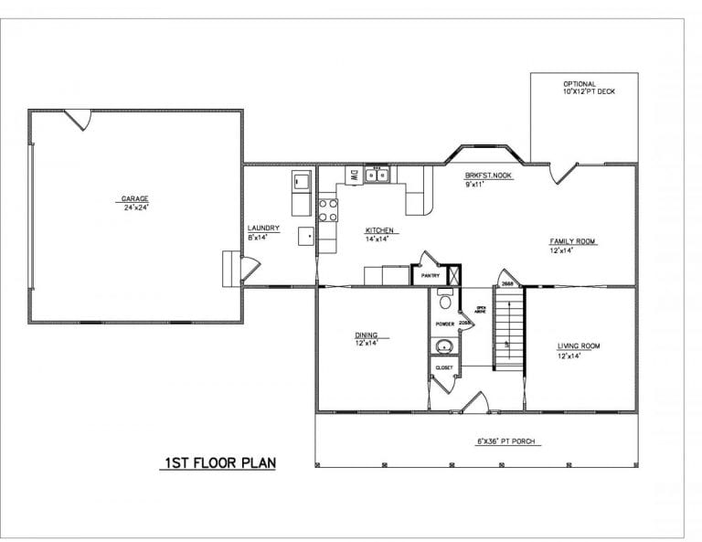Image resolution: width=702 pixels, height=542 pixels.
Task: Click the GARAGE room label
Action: click(134, 198)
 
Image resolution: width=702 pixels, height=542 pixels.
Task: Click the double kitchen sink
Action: click(377, 175)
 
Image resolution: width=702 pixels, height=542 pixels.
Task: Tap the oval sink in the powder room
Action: click(445, 346)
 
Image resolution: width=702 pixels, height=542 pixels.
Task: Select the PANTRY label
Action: click(431, 274)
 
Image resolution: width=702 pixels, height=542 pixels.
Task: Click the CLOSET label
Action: click(444, 367)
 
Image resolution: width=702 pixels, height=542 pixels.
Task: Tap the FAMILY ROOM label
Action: click(572, 241)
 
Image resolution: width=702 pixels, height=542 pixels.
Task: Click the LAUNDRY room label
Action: click(263, 228)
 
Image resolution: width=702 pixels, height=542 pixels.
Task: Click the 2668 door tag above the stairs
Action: click(509, 284)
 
